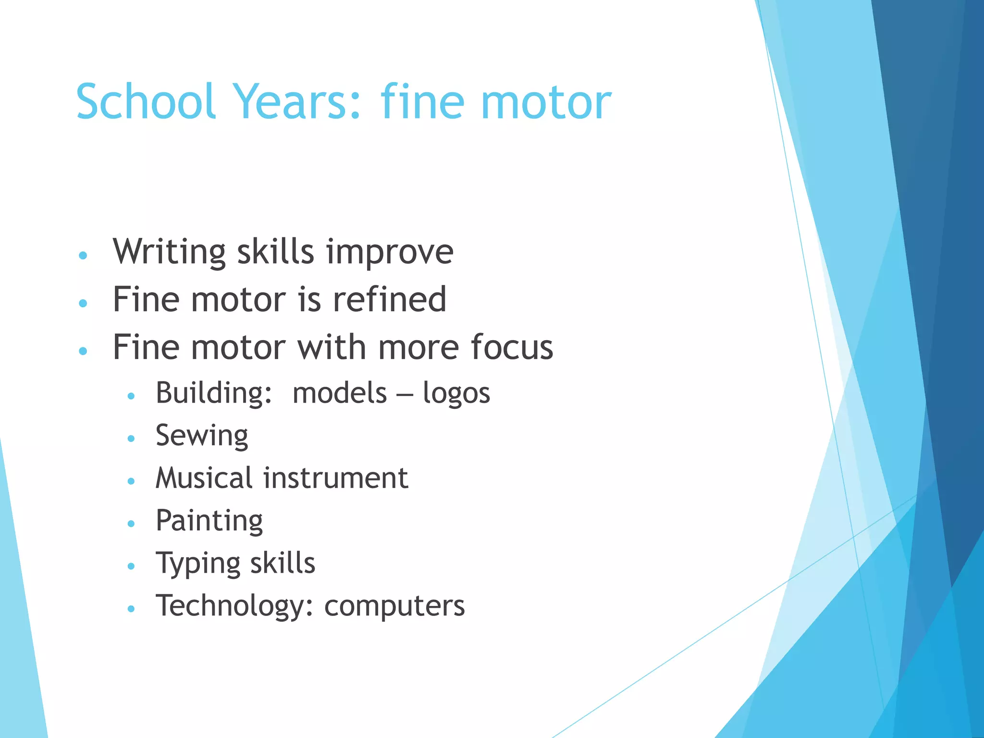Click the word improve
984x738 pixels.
[390, 252]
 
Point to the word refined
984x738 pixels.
[390, 299]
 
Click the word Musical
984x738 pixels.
[204, 478]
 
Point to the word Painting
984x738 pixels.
[209, 521]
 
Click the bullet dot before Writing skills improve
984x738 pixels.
[83, 255]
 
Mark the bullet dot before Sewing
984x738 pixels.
[131, 438]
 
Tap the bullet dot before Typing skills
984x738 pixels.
[131, 566]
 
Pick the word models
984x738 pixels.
[340, 393]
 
